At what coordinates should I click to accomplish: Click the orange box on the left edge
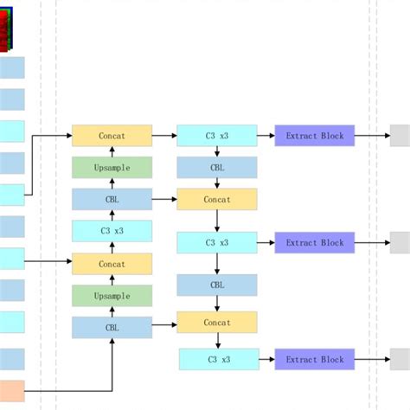pyautogui.click(x=12, y=395)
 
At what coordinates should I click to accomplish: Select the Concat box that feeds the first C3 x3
pyautogui.click(x=112, y=136)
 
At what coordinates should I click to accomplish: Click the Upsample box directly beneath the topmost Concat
pyautogui.click(x=112, y=168)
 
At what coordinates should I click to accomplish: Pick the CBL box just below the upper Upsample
pyautogui.click(x=112, y=200)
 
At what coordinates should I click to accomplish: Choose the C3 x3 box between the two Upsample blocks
pyautogui.click(x=112, y=231)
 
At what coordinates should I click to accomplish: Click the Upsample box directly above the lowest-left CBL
pyautogui.click(x=112, y=296)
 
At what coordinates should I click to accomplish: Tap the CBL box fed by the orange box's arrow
pyautogui.click(x=112, y=328)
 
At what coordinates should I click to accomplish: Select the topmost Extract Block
pyautogui.click(x=315, y=136)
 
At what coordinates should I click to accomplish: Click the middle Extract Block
pyautogui.click(x=315, y=243)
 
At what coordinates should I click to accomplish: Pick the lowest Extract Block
pyautogui.click(x=315, y=359)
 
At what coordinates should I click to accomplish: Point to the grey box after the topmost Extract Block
pyautogui.click(x=400, y=136)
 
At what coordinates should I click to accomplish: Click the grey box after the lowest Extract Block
pyautogui.click(x=400, y=359)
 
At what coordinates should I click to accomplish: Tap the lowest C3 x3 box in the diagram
pyautogui.click(x=218, y=359)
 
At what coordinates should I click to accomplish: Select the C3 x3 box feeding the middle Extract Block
pyautogui.click(x=217, y=243)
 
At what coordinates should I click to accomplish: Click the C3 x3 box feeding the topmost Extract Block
pyautogui.click(x=217, y=136)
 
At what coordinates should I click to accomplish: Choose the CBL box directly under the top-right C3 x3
pyautogui.click(x=217, y=168)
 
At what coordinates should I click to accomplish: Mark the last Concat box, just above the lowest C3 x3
pyautogui.click(x=217, y=323)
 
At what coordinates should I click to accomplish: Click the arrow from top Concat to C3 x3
pyautogui.click(x=164, y=136)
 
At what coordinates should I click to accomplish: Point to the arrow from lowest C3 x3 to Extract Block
pyautogui.click(x=266, y=359)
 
